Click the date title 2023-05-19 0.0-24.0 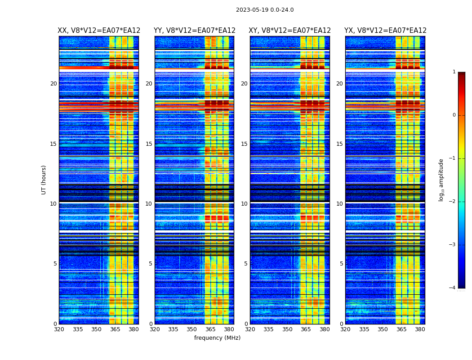pos(265,10)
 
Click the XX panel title pos(99,31)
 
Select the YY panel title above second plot pos(195,31)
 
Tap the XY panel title pos(290,31)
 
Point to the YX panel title pos(385,31)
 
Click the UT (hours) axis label pos(44,180)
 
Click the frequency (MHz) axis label pos(217,338)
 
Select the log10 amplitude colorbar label pos(441,180)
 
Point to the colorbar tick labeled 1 pos(454,72)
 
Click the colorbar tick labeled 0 pos(454,115)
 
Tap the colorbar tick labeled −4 pos(453,288)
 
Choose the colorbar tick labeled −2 pos(453,202)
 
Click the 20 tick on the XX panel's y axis pos(53,84)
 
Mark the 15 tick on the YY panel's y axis pos(149,144)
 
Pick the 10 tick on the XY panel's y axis pos(244,204)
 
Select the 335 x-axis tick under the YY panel pos(173,329)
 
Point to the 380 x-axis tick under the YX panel pos(420,329)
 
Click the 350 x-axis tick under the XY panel pos(287,329)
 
